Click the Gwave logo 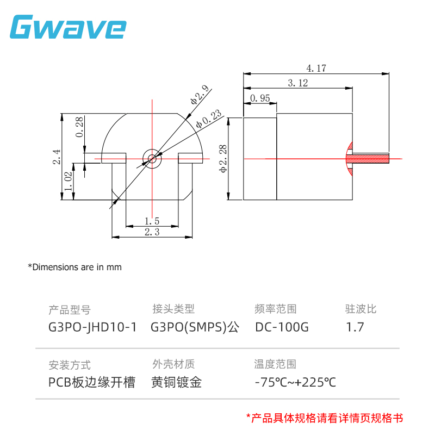[68, 27]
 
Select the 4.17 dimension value [316, 69]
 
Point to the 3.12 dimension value [296, 83]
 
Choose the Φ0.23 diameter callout [208, 119]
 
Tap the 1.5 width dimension [152, 221]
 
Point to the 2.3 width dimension [152, 232]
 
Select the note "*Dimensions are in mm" [74, 267]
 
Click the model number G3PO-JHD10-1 [92, 327]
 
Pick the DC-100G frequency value [282, 327]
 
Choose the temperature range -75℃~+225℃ [295, 382]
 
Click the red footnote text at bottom [325, 418]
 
